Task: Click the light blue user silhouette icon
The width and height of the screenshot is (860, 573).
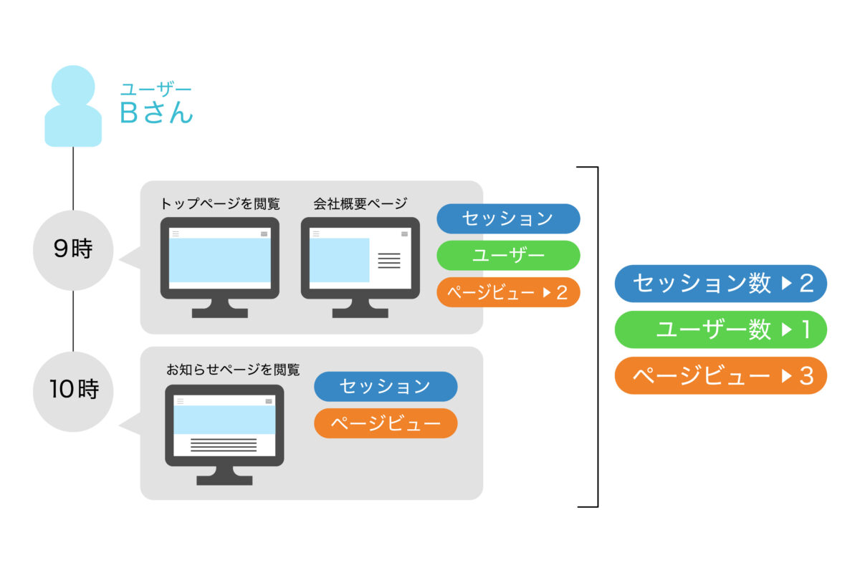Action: tap(73, 106)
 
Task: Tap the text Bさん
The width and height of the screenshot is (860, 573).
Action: tap(156, 112)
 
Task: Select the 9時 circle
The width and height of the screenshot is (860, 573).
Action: tap(73, 250)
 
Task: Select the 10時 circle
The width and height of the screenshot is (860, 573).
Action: tap(73, 392)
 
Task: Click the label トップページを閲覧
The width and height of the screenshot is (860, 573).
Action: tap(220, 203)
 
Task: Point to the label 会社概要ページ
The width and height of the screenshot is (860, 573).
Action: tap(360, 203)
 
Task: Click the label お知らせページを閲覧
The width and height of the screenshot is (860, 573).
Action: tap(233, 370)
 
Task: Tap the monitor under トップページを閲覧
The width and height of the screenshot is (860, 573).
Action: tap(219, 267)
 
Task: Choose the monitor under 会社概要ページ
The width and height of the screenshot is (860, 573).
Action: tap(360, 267)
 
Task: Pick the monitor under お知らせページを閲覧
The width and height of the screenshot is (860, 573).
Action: tap(224, 435)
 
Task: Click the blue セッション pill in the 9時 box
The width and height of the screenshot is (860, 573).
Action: tap(508, 218)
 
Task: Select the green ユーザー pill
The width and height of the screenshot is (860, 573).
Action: tap(508, 256)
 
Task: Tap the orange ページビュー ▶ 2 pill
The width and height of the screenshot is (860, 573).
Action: tap(508, 292)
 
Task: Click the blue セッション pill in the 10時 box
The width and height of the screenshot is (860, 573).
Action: tap(386, 387)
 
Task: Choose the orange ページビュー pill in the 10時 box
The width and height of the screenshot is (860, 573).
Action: tap(386, 423)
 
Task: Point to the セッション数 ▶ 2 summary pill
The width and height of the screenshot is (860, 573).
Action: tap(721, 284)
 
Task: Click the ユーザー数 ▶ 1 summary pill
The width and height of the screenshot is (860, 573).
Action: tap(721, 329)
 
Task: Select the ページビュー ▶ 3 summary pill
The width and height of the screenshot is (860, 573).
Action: tap(721, 376)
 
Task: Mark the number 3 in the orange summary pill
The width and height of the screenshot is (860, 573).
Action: tap(807, 376)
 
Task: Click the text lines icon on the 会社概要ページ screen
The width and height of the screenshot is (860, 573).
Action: tap(389, 261)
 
